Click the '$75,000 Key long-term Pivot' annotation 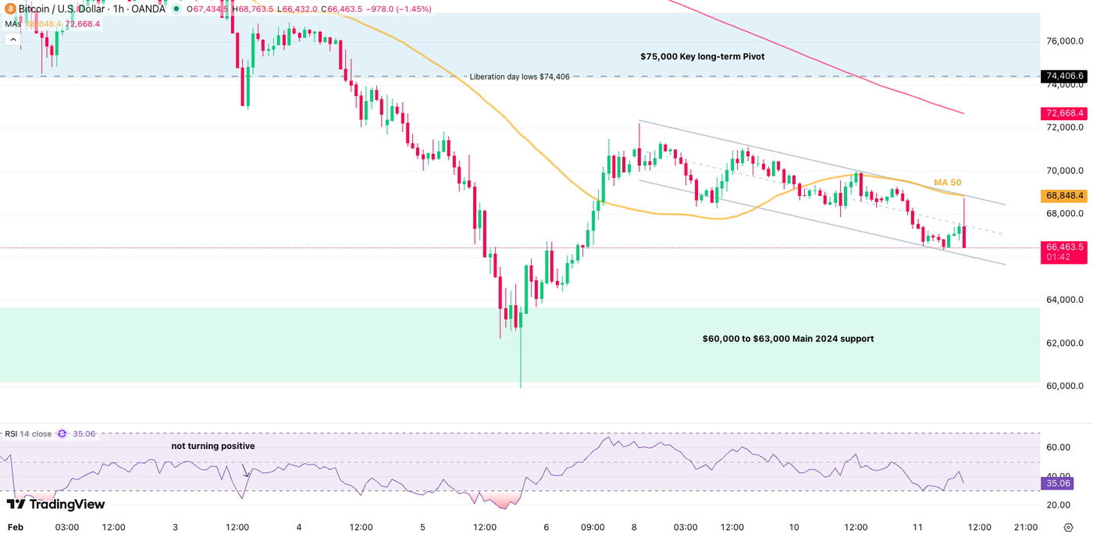pyautogui.click(x=702, y=57)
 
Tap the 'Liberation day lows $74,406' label pyautogui.click(x=519, y=77)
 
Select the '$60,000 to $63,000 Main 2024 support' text pyautogui.click(x=788, y=339)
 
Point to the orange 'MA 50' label pyautogui.click(x=948, y=183)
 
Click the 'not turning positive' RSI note pyautogui.click(x=213, y=446)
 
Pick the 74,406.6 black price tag pyautogui.click(x=1065, y=77)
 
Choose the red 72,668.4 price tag pyautogui.click(x=1065, y=113)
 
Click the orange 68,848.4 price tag pyautogui.click(x=1065, y=195)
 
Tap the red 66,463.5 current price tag pyautogui.click(x=1065, y=247)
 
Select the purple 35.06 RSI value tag pyautogui.click(x=1063, y=483)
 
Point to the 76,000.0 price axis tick pyautogui.click(x=1065, y=41)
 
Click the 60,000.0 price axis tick pyautogui.click(x=1065, y=386)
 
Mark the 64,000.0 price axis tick pyautogui.click(x=1065, y=300)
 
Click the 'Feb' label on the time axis pyautogui.click(x=15, y=527)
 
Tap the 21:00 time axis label pyautogui.click(x=1025, y=527)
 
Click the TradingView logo pyautogui.click(x=55, y=504)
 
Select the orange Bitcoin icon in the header pyautogui.click(x=9, y=9)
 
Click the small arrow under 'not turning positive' pyautogui.click(x=246, y=472)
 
